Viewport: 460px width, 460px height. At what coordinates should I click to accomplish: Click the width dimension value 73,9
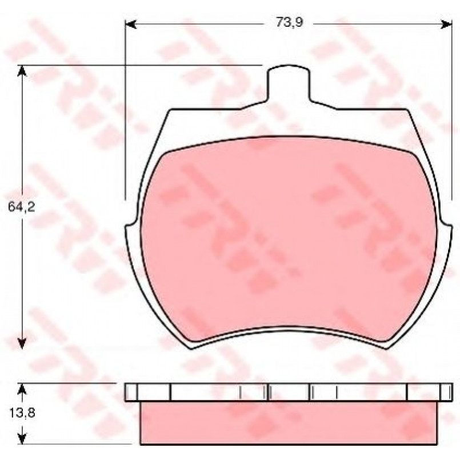click(x=289, y=23)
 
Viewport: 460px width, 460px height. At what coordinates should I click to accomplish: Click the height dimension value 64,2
click(x=21, y=207)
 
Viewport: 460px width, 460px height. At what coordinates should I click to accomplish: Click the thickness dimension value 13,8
click(x=22, y=413)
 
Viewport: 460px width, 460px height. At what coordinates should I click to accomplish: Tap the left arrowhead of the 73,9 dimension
click(x=131, y=25)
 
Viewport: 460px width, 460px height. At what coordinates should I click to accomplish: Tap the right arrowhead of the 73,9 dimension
click(x=446, y=25)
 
